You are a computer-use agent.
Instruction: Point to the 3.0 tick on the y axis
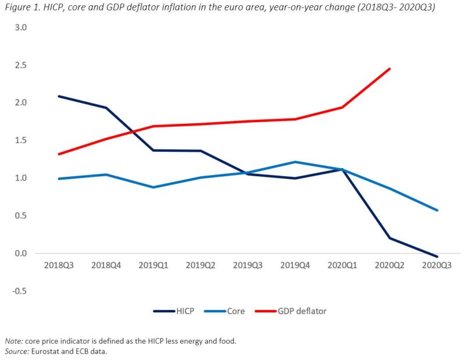pyautogui.click(x=21, y=27)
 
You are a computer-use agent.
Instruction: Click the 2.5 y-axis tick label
pyautogui.click(x=21, y=65)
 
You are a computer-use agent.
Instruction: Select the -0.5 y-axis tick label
pyautogui.click(x=20, y=291)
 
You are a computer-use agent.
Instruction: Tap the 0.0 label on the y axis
pyautogui.click(x=21, y=253)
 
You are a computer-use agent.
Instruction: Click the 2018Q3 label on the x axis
pyautogui.click(x=58, y=265)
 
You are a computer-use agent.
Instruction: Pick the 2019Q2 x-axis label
pyautogui.click(x=201, y=265)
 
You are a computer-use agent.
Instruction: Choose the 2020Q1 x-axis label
pyautogui.click(x=342, y=265)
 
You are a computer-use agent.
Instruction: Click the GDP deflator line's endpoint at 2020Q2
pyautogui.click(x=389, y=69)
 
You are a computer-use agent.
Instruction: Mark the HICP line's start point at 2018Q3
pyautogui.click(x=58, y=96)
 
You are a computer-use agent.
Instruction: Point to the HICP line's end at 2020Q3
pyautogui.click(x=437, y=256)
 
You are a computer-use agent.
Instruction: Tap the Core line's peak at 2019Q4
pyautogui.click(x=295, y=162)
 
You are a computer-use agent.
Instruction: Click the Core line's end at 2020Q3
pyautogui.click(x=437, y=211)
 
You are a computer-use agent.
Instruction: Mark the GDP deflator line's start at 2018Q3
pyautogui.click(x=58, y=154)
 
